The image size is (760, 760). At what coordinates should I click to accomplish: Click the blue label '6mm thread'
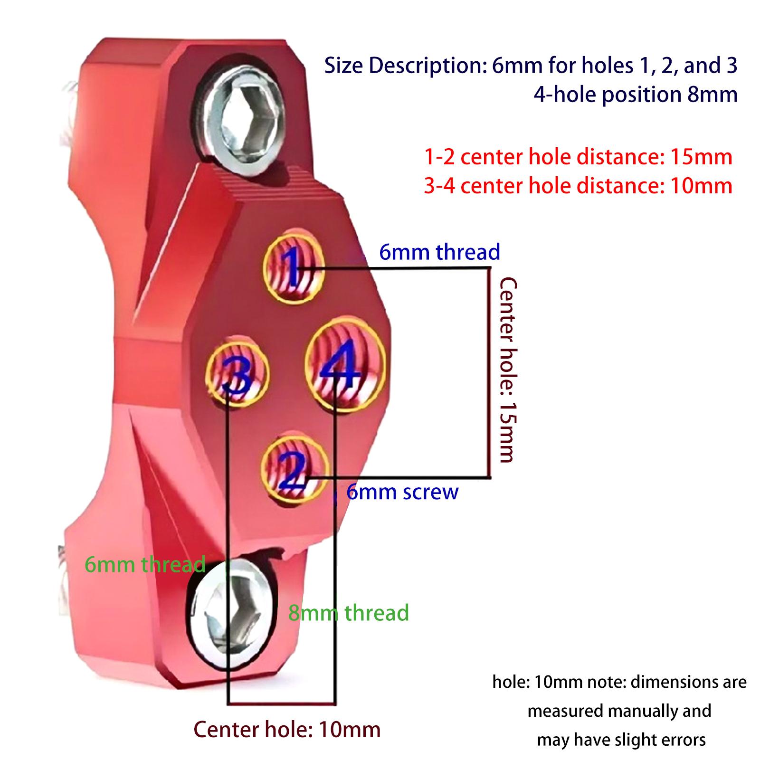click(439, 252)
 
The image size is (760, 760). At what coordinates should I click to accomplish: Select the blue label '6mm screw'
click(402, 492)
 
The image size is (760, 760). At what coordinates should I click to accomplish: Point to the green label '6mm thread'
click(145, 564)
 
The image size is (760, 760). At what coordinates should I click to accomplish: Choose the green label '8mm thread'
click(348, 612)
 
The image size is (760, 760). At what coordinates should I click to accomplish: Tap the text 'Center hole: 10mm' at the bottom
click(287, 729)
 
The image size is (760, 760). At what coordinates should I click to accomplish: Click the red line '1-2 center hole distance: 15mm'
click(578, 157)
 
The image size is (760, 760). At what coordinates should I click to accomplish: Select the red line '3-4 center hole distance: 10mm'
click(578, 186)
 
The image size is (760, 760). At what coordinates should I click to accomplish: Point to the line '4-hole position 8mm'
click(635, 95)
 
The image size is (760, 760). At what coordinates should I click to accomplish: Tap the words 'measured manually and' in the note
click(619, 711)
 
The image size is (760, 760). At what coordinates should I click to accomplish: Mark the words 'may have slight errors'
click(621, 740)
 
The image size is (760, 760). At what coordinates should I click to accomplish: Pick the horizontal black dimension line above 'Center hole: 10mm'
click(282, 703)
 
